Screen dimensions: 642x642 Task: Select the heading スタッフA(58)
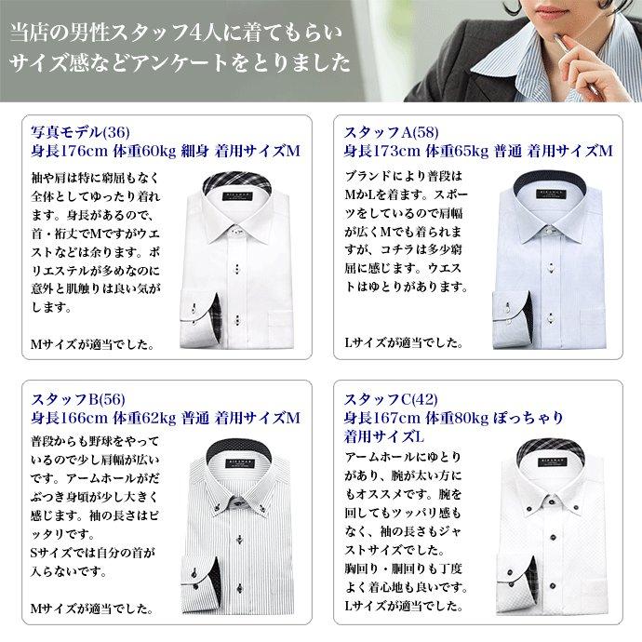[385, 132]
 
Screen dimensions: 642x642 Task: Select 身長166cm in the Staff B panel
[60, 413]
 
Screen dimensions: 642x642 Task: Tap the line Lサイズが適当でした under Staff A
[404, 343]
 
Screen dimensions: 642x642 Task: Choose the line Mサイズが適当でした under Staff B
[91, 609]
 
